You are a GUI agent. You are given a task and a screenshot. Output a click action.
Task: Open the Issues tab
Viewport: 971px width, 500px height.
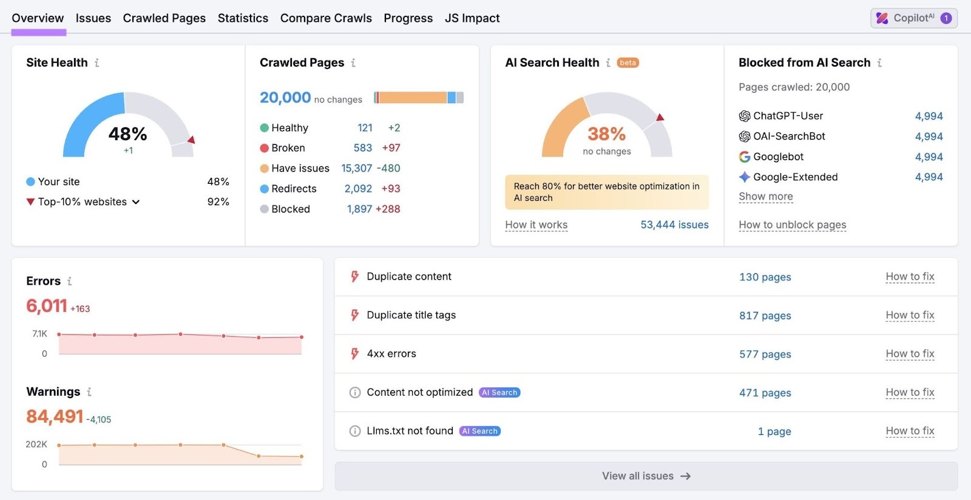[93, 18]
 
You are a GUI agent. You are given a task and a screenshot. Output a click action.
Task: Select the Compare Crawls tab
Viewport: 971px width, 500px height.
[326, 18]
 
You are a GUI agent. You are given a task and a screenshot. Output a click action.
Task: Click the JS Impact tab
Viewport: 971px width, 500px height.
[472, 18]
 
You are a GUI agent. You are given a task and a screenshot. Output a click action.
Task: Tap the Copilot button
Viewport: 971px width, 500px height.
[913, 18]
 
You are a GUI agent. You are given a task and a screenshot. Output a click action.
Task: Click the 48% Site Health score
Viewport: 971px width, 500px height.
[127, 133]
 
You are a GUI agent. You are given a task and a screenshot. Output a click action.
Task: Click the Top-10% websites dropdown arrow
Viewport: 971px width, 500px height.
[136, 202]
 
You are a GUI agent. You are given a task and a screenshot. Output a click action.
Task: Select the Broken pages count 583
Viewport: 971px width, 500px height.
[363, 148]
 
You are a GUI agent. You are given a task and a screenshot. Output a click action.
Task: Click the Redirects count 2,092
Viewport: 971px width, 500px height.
[358, 189]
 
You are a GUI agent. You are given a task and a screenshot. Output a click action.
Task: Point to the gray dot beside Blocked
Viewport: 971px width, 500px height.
[264, 209]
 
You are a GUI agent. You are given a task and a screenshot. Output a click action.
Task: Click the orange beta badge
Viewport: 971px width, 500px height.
[628, 62]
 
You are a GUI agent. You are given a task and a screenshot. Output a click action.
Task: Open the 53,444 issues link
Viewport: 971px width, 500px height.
[674, 225]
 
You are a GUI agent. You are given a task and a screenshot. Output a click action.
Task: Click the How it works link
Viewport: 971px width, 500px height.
[536, 225]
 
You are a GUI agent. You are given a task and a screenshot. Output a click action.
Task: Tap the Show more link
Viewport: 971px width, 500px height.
[765, 197]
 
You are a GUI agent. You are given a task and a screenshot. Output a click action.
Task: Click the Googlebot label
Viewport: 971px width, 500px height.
[778, 157]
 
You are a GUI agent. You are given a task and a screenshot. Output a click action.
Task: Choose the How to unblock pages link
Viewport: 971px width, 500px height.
[792, 225]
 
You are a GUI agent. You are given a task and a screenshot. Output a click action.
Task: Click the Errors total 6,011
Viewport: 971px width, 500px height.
[46, 306]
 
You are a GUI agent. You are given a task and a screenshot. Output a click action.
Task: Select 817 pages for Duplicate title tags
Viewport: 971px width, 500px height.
[765, 316]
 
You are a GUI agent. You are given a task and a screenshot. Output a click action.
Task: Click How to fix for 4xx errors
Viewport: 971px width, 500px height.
[910, 354]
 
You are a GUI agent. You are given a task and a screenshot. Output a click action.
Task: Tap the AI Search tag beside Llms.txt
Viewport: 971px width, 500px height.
[480, 431]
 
